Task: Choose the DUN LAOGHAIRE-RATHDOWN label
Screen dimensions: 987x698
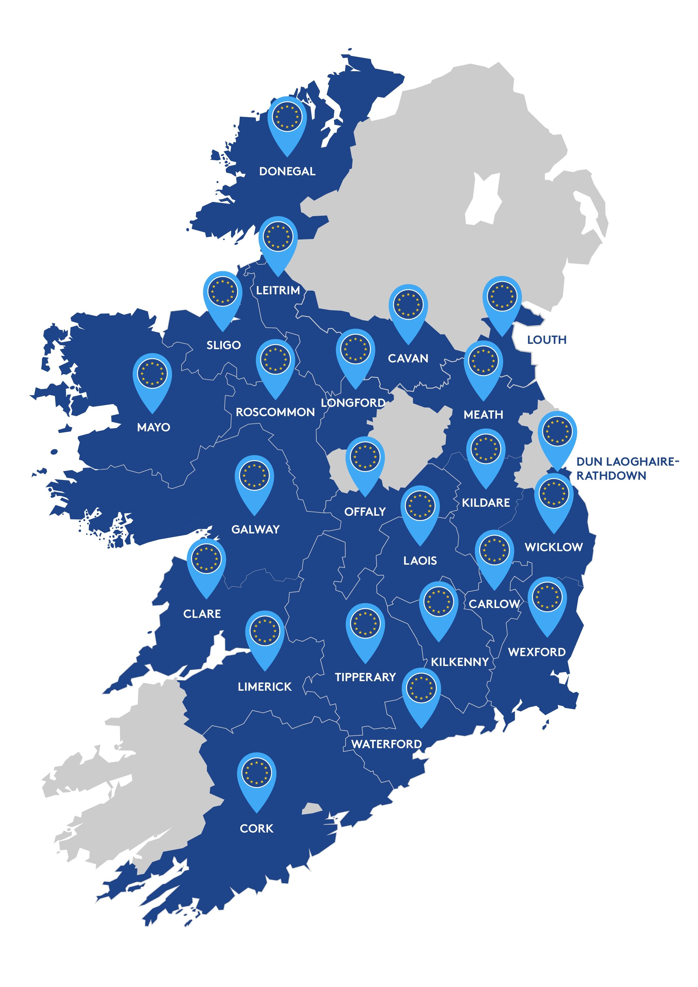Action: (x=627, y=468)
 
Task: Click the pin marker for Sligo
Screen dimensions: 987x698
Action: (x=222, y=292)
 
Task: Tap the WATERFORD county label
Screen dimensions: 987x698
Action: (x=386, y=744)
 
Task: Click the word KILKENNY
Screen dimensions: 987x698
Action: (x=460, y=662)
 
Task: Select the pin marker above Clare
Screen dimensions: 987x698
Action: (x=206, y=560)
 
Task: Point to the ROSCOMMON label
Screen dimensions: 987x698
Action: (x=275, y=412)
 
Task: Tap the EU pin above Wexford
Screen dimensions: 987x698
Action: (x=547, y=598)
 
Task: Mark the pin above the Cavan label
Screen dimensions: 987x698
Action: (x=408, y=305)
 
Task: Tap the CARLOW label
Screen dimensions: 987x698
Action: (x=494, y=604)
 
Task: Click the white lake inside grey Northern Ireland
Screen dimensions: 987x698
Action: (x=485, y=198)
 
